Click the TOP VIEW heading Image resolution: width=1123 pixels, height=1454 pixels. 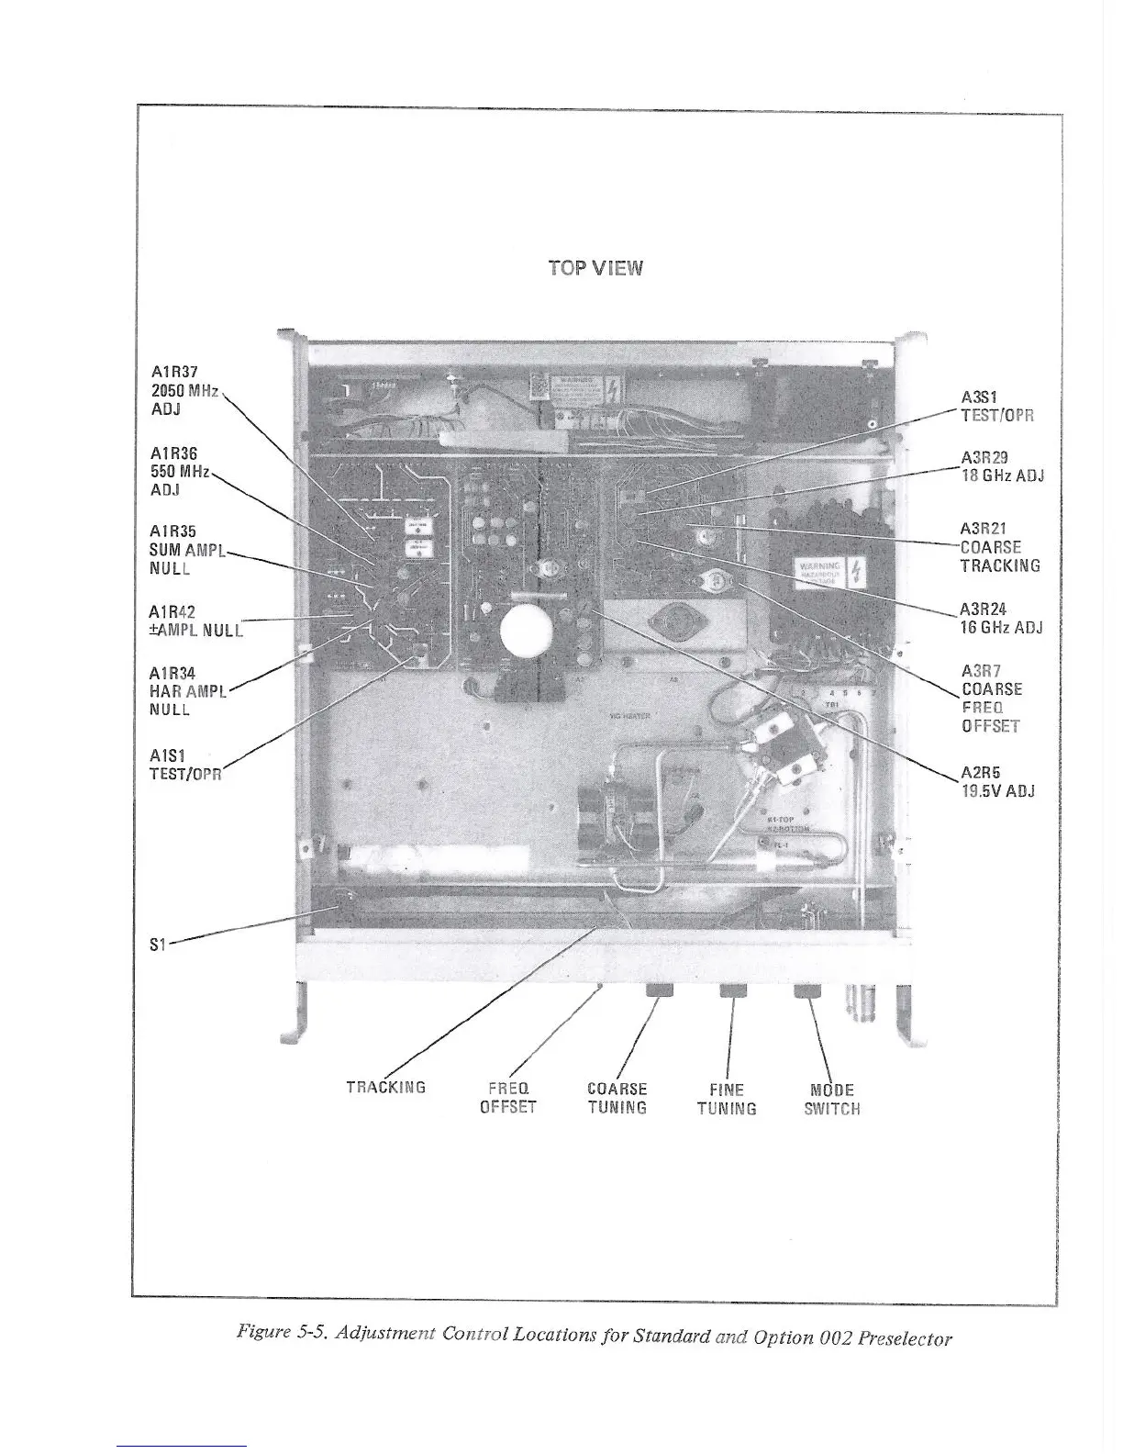click(x=595, y=268)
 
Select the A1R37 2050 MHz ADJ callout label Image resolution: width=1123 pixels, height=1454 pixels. click(x=183, y=390)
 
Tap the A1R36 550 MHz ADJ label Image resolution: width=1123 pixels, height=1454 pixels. click(x=180, y=471)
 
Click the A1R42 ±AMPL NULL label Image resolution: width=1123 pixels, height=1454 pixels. click(x=194, y=621)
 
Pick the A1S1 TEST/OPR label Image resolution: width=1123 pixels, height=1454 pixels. click(x=185, y=764)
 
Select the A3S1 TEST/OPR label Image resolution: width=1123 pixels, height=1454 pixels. click(x=997, y=406)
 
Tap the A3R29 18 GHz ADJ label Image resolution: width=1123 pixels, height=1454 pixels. click(x=1002, y=466)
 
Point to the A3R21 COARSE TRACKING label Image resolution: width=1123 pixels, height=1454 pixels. click(x=999, y=547)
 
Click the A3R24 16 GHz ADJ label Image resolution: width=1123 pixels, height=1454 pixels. click(x=1000, y=618)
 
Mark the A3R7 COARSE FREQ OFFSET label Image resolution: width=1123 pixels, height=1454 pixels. click(x=991, y=698)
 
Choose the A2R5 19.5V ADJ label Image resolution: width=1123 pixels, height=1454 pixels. click(x=997, y=781)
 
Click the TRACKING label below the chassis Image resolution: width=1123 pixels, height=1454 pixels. click(x=385, y=1088)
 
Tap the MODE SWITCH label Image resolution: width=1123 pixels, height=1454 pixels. click(x=832, y=1099)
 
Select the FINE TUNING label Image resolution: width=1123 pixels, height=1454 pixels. click(x=727, y=1099)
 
